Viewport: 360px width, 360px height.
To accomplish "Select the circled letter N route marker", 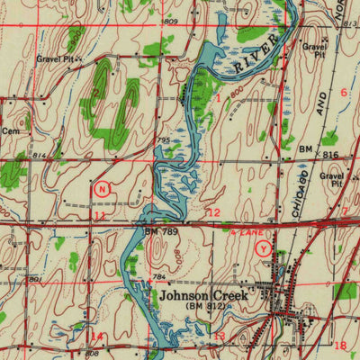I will [103, 189].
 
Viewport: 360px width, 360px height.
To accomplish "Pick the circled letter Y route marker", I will [263, 247].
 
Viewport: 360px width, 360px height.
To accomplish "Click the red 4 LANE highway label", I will [244, 231].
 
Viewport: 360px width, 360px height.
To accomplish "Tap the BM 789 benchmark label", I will [158, 231].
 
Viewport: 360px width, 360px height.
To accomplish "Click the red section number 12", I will [213, 212].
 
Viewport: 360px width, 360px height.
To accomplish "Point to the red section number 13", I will [220, 337].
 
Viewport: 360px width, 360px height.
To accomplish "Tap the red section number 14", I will [96, 337].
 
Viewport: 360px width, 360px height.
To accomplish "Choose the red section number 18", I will [339, 345].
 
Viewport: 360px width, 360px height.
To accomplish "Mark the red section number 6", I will [343, 93].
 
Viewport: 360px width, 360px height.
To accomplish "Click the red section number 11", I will [99, 216].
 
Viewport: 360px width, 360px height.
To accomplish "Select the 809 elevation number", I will [170, 20].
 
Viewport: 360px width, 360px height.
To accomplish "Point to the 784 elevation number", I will [158, 277].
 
